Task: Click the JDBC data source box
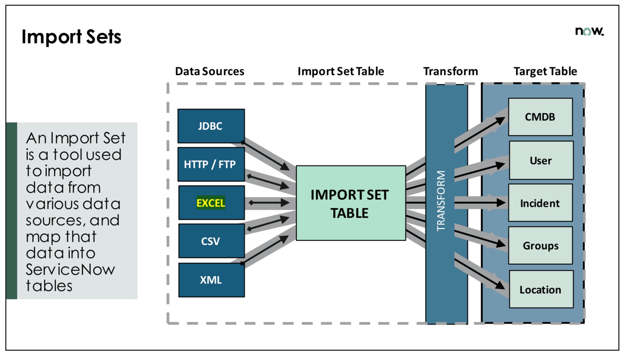pyautogui.click(x=211, y=126)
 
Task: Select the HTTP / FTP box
pyautogui.click(x=211, y=164)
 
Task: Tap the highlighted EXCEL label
pyautogui.click(x=211, y=203)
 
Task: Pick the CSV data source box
pyautogui.click(x=211, y=241)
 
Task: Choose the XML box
pyautogui.click(x=211, y=280)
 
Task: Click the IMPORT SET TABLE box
pyautogui.click(x=351, y=203)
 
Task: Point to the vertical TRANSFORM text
pyautogui.click(x=441, y=201)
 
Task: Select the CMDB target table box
pyautogui.click(x=540, y=117)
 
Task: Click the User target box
pyautogui.click(x=541, y=160)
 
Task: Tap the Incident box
pyautogui.click(x=540, y=203)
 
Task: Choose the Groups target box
pyautogui.click(x=540, y=246)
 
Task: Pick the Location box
pyautogui.click(x=541, y=289)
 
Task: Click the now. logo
pyautogui.click(x=589, y=31)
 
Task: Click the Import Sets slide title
pyautogui.click(x=71, y=37)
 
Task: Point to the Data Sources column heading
pyautogui.click(x=210, y=71)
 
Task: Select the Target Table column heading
pyautogui.click(x=545, y=71)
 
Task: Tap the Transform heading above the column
pyautogui.click(x=451, y=71)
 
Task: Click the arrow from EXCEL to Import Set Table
pyautogui.click(x=269, y=203)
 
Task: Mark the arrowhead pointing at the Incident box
pyautogui.click(x=501, y=203)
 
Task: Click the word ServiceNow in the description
pyautogui.click(x=70, y=269)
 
